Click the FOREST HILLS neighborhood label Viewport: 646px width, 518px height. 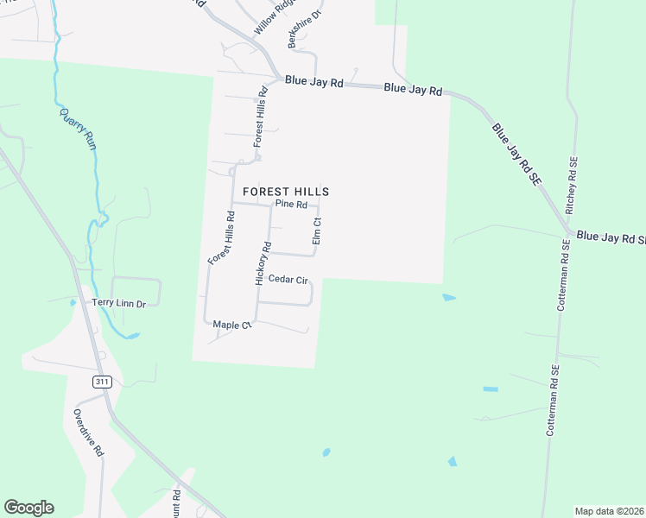[285, 191]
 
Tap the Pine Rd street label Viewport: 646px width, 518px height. [291, 205]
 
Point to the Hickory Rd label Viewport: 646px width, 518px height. [263, 263]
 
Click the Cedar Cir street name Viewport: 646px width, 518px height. [288, 279]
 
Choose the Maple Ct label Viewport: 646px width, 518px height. [231, 325]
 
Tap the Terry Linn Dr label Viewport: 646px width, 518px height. [119, 303]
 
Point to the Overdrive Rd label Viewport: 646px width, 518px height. [87, 433]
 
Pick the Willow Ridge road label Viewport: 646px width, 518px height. [269, 18]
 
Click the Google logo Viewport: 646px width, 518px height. [28, 508]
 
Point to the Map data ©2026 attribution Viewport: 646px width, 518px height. [609, 511]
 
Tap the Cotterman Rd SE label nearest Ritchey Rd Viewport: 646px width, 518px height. [562, 275]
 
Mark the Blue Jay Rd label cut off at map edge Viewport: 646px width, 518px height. [611, 236]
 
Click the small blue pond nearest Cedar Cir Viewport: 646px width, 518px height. [448, 298]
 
